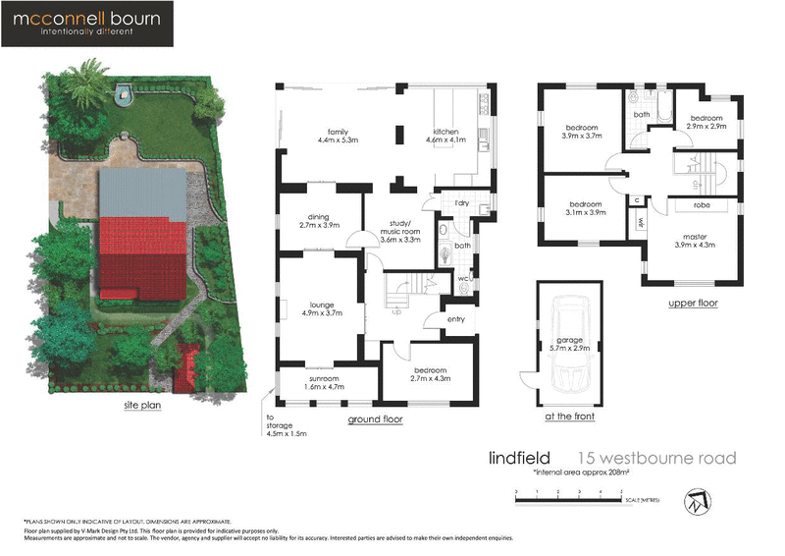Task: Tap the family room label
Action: coord(339,136)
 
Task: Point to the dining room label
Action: coord(318,220)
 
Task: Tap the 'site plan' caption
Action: coord(142,403)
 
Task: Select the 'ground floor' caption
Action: coord(375,419)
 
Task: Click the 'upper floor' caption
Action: coord(694,304)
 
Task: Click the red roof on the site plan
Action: coord(141,259)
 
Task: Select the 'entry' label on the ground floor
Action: coord(455,318)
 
